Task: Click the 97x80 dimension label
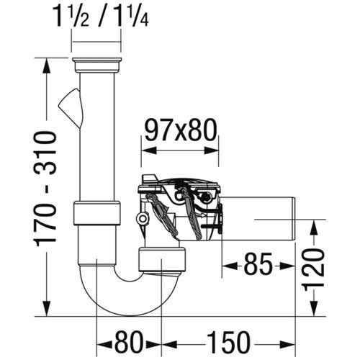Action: pyautogui.click(x=181, y=131)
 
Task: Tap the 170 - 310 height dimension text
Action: pyautogui.click(x=45, y=189)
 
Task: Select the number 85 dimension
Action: pyautogui.click(x=258, y=266)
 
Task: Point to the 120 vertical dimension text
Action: pyautogui.click(x=314, y=270)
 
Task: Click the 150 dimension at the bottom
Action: pyautogui.click(x=228, y=343)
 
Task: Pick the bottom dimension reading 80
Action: pyautogui.click(x=130, y=343)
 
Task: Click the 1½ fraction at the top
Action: pyautogui.click(x=71, y=16)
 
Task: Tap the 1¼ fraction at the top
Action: pyautogui.click(x=131, y=16)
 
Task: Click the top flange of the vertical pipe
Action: pyautogui.click(x=96, y=65)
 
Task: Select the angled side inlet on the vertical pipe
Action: pyautogui.click(x=71, y=107)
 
